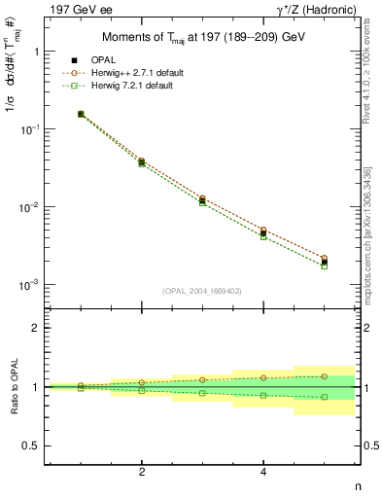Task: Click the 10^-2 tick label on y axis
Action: coord(30,207)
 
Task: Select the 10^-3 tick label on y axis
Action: coord(30,285)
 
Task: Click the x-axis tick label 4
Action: coord(263,472)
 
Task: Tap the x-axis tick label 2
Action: coord(142,472)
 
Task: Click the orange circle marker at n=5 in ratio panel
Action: coord(325,375)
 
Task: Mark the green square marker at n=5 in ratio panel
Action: coord(325,397)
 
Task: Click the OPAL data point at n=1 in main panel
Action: coord(81,114)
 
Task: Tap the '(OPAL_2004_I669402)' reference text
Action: coord(202,290)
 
